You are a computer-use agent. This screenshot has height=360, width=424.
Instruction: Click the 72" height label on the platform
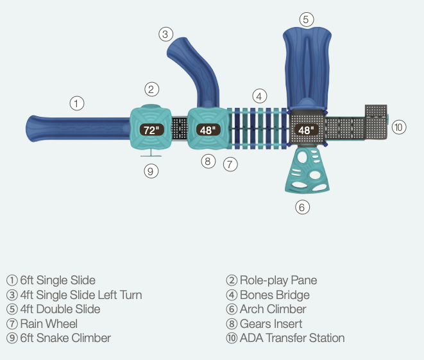pyautogui.click(x=151, y=130)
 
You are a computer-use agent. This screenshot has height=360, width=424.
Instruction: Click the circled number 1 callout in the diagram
pyautogui.click(x=77, y=103)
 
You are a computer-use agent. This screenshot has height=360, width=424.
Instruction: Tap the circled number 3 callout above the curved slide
pyautogui.click(x=165, y=34)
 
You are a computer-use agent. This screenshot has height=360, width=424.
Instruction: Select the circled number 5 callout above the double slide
pyautogui.click(x=307, y=19)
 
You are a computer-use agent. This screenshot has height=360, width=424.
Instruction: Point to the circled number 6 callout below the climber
pyautogui.click(x=303, y=207)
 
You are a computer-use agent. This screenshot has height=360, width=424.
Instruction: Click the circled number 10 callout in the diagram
pyautogui.click(x=399, y=127)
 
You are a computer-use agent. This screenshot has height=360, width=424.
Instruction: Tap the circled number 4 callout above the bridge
pyautogui.click(x=259, y=96)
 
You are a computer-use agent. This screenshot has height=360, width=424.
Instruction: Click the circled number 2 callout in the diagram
pyautogui.click(x=151, y=89)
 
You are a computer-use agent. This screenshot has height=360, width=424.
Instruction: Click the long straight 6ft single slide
pyautogui.click(x=77, y=128)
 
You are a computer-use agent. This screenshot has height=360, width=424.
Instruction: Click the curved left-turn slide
pyautogui.click(x=199, y=71)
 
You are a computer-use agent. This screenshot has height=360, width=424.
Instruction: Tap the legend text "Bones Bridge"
pyautogui.click(x=275, y=295)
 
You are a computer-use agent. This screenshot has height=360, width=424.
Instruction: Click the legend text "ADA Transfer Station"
pyautogui.click(x=292, y=338)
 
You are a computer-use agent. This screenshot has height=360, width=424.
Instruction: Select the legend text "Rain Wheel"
pyautogui.click(x=49, y=323)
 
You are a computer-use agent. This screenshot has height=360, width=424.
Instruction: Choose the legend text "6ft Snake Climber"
pyautogui.click(x=65, y=338)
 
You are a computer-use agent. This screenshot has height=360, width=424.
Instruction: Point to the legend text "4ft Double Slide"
pyautogui.click(x=60, y=309)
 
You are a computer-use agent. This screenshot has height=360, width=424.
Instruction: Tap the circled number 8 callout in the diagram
pyautogui.click(x=207, y=162)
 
